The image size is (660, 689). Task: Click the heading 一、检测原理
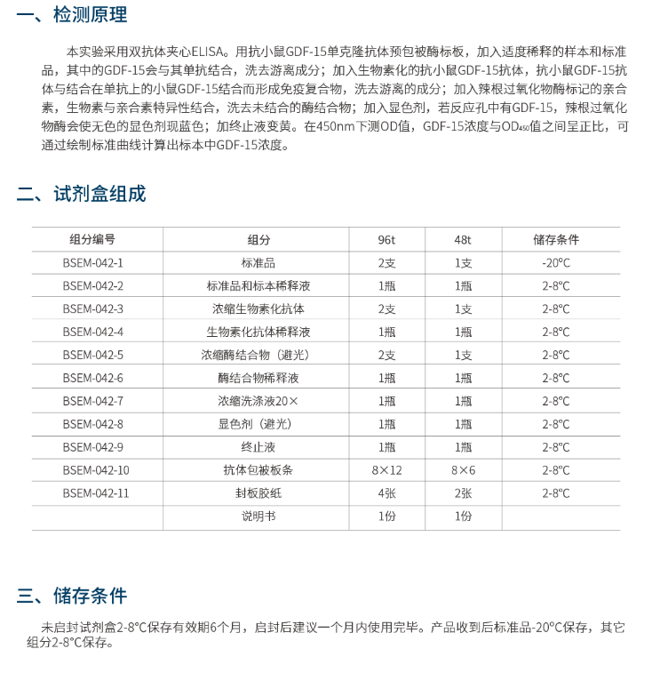tap(73, 15)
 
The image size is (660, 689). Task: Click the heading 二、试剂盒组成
tap(82, 194)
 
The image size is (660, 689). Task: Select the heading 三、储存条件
tap(73, 596)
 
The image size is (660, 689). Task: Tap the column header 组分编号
tap(93, 240)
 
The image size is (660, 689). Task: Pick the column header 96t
tap(386, 240)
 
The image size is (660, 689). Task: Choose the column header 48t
tap(463, 240)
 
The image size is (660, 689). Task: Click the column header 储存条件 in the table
tap(556, 240)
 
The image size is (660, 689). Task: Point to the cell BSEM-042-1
tap(93, 263)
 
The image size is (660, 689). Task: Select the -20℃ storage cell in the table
tap(556, 263)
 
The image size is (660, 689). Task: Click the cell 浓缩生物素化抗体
tap(258, 309)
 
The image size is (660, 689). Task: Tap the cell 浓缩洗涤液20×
tap(258, 401)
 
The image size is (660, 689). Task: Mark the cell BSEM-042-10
tap(96, 470)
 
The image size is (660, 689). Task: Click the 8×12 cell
tap(386, 470)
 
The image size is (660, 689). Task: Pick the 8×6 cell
tap(463, 470)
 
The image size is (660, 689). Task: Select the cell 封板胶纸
tap(258, 493)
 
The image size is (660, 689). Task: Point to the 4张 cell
tap(386, 493)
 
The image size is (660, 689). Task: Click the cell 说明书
tap(258, 517)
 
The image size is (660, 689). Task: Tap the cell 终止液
tap(258, 447)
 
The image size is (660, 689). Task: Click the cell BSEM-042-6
tap(93, 378)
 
